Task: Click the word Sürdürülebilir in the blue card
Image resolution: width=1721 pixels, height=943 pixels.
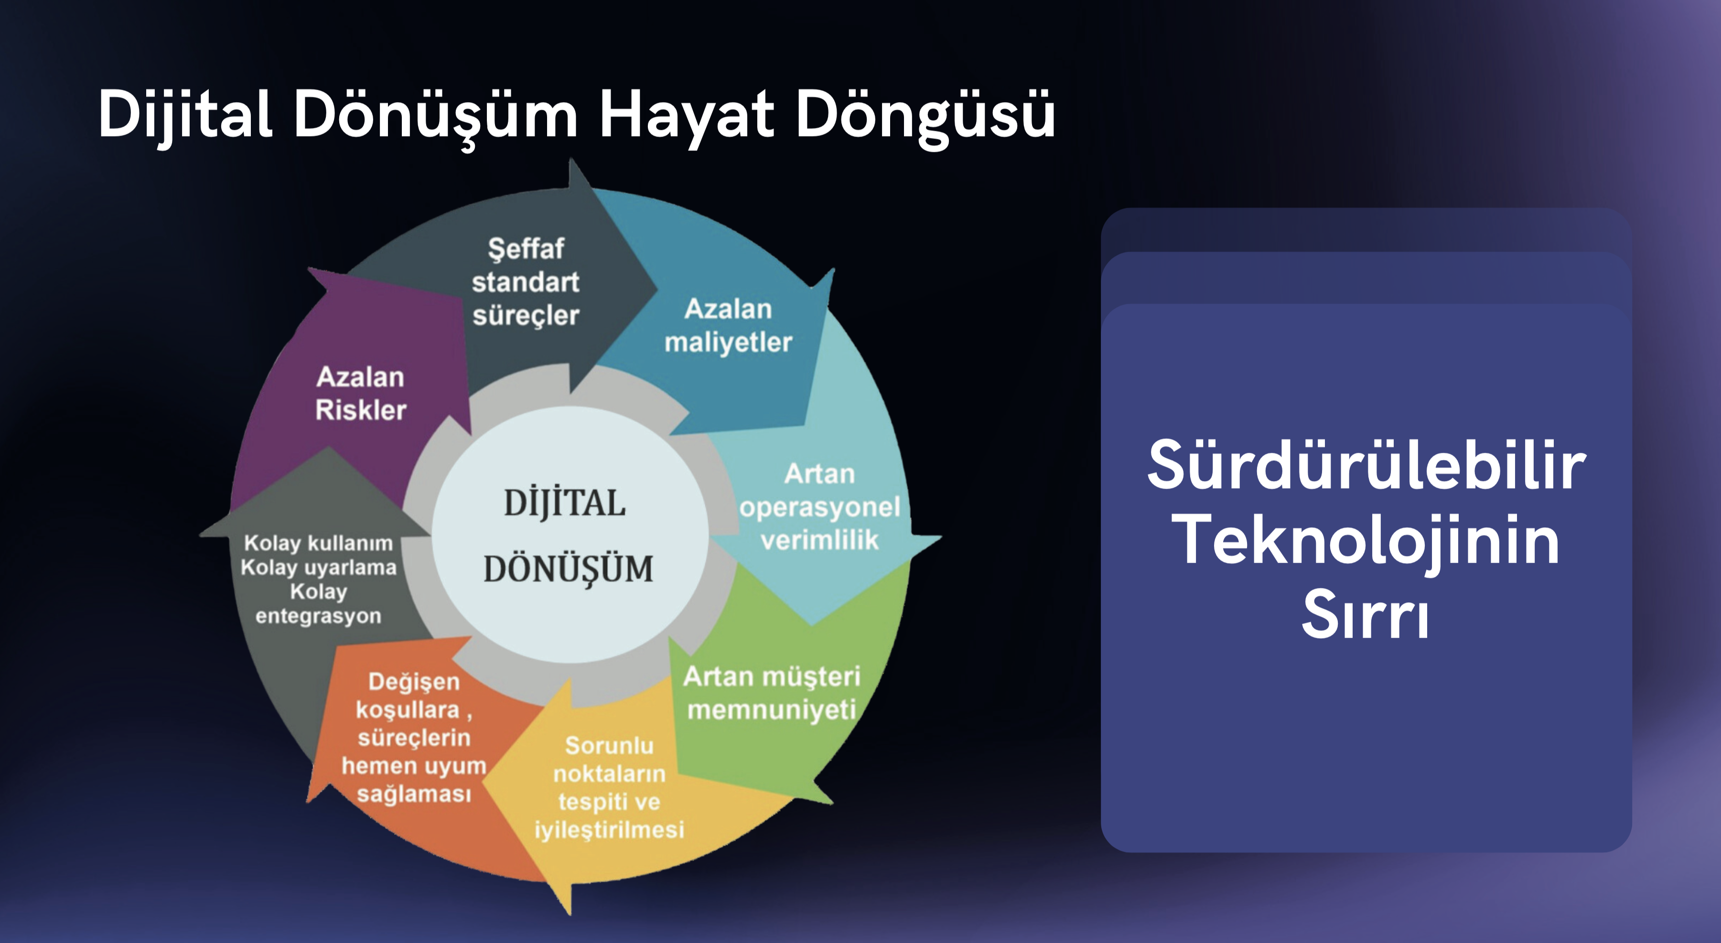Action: [x=1366, y=465]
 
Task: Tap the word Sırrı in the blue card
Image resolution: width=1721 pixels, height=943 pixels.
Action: [x=1366, y=614]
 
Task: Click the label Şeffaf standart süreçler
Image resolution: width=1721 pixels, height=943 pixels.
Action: [x=526, y=282]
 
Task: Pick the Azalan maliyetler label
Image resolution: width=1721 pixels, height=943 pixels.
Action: [x=728, y=325]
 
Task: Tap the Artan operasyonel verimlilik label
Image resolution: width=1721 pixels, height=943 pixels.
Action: [x=820, y=507]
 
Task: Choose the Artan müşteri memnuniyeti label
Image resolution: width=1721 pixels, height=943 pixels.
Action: [x=772, y=693]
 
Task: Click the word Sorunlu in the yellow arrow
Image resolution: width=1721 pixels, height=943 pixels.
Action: [x=609, y=745]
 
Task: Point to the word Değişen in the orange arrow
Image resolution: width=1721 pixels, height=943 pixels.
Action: [x=414, y=682]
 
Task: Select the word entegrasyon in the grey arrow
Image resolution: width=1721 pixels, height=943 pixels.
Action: [x=318, y=616]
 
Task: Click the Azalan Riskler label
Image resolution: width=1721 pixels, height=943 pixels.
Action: [x=361, y=393]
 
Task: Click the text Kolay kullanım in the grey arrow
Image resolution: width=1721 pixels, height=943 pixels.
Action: [x=318, y=544]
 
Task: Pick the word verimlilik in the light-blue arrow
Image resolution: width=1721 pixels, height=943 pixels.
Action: [x=820, y=540]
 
